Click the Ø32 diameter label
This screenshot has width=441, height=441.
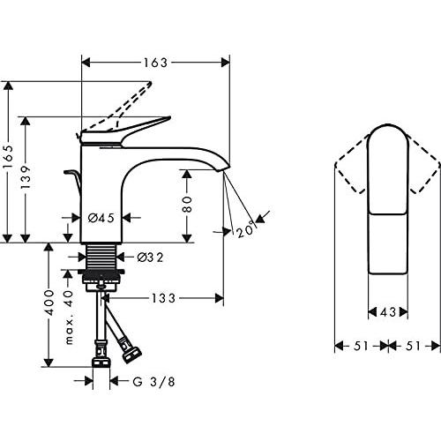151,258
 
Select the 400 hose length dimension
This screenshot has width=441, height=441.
49,304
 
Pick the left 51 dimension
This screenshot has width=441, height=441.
361,347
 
